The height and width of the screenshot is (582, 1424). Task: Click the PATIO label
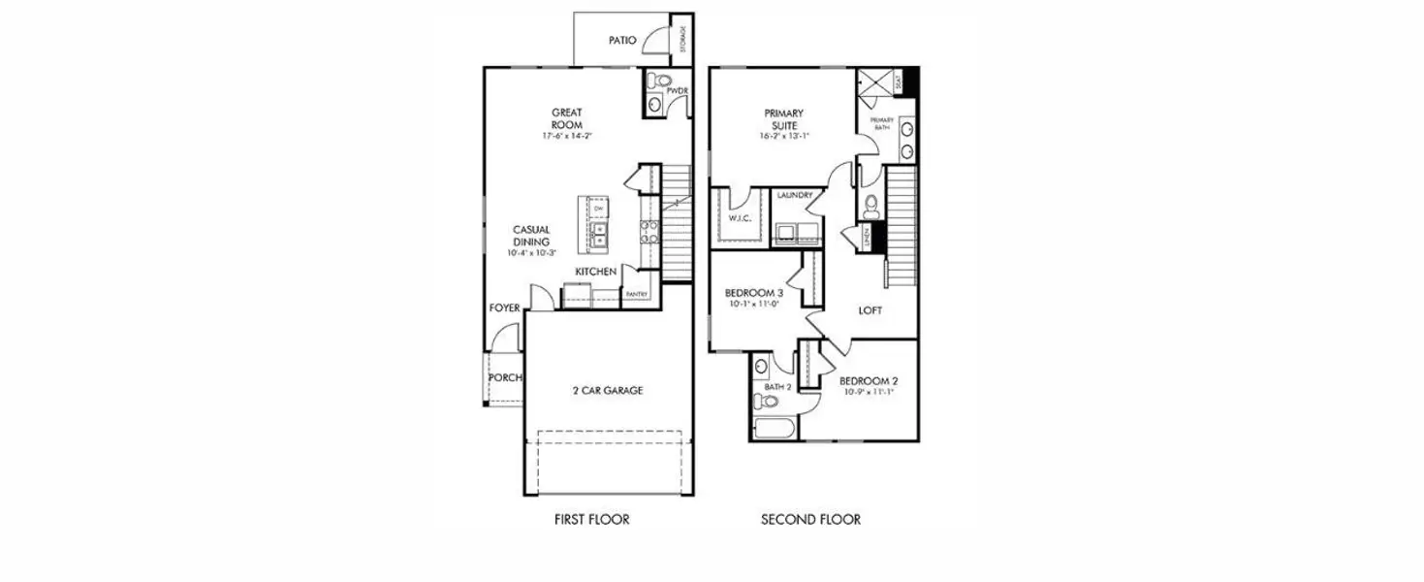tap(621, 41)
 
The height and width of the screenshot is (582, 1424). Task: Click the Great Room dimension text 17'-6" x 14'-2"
tap(567, 137)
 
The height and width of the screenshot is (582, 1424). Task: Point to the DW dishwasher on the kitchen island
tap(598, 209)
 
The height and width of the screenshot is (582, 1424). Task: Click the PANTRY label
tap(637, 294)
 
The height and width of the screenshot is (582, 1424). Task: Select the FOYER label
tap(504, 307)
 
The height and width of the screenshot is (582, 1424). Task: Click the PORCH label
tap(504, 377)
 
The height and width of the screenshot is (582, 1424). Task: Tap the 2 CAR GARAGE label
tap(607, 391)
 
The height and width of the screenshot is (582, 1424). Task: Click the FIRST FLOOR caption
tap(591, 519)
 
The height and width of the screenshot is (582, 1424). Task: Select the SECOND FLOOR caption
tap(810, 519)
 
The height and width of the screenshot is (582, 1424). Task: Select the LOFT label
tap(870, 311)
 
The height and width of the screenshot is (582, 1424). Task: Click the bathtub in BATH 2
tap(774, 427)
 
